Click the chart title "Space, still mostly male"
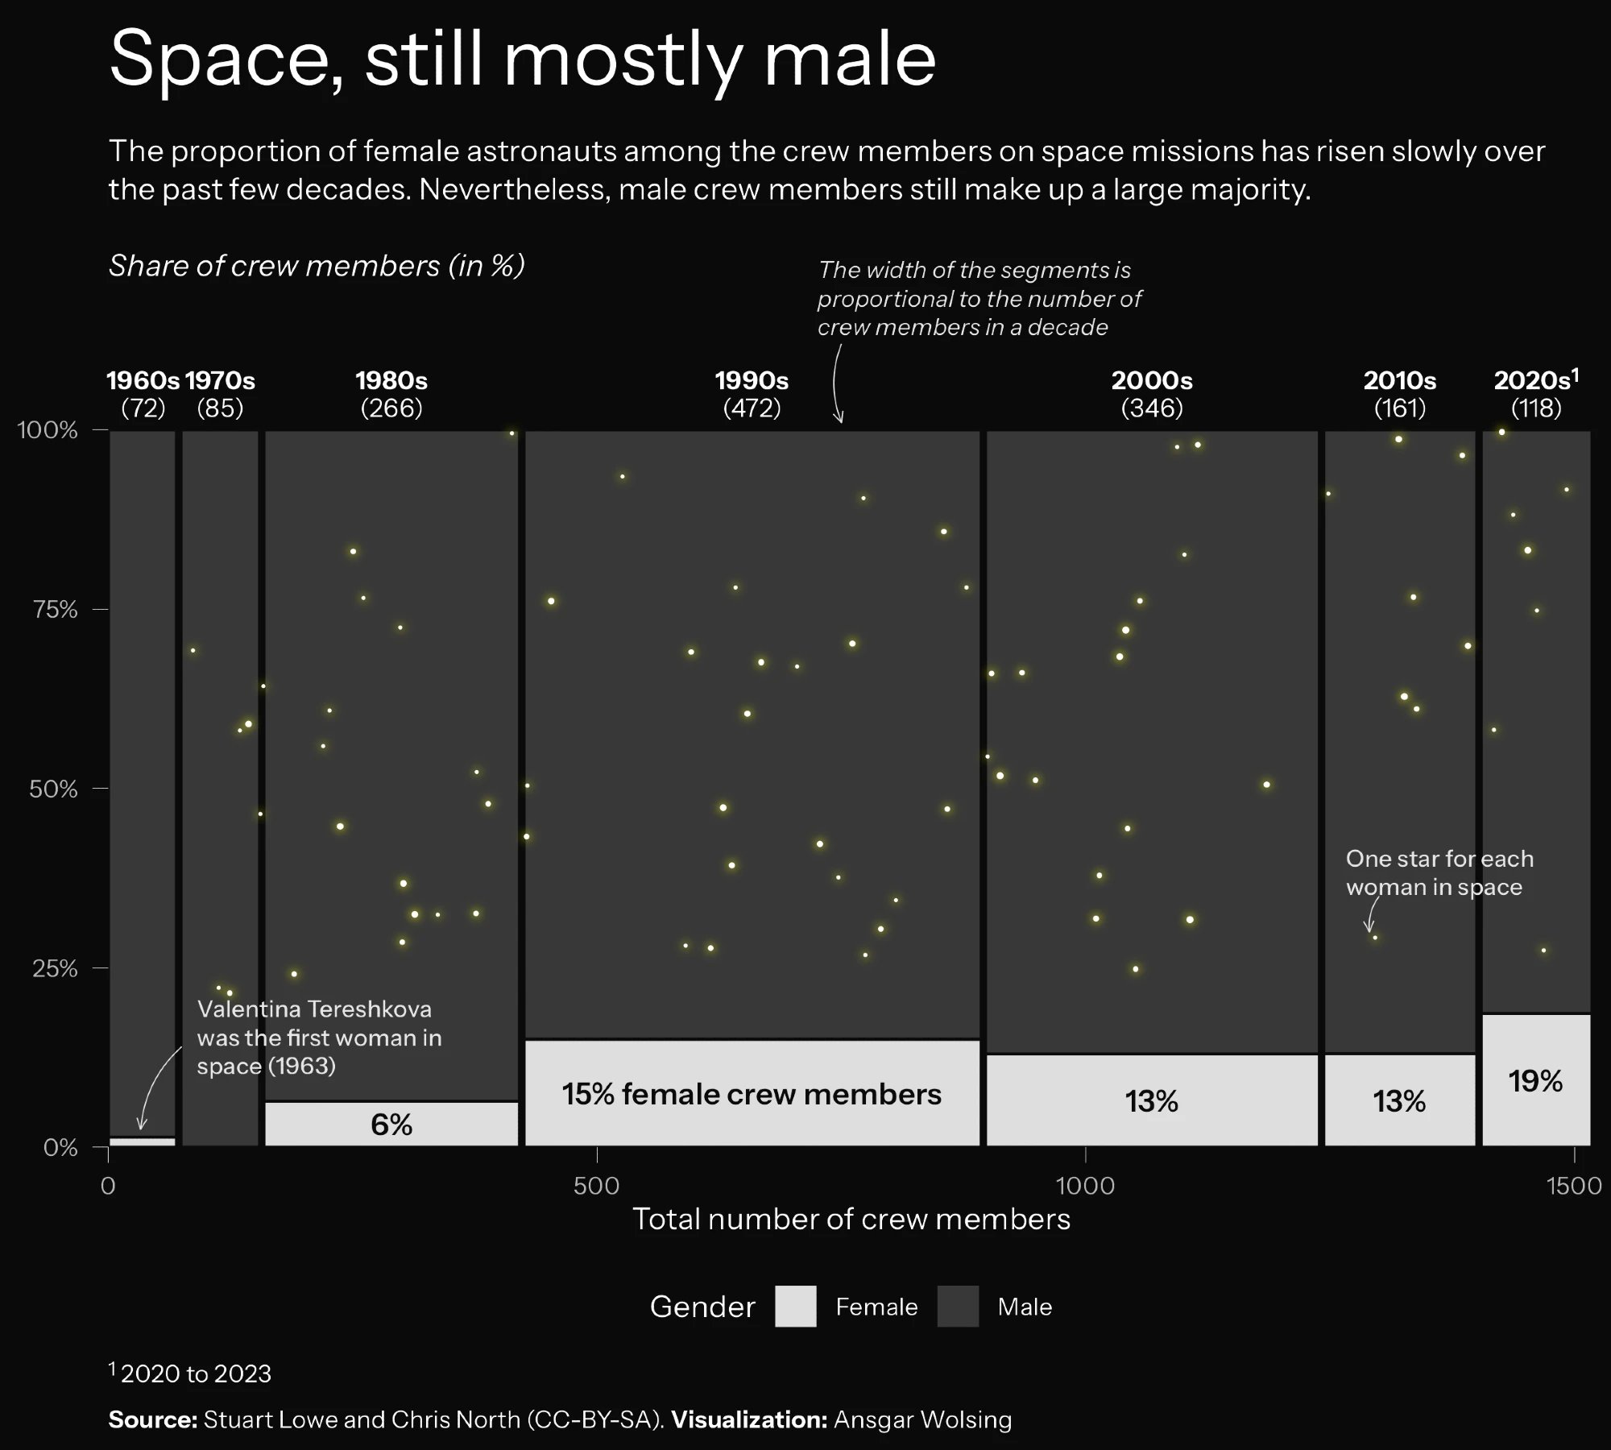522,58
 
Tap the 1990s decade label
752,380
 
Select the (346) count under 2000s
1152,408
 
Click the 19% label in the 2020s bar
1535,1081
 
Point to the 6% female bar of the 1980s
391,1124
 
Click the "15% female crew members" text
752,1094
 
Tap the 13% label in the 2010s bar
1399,1101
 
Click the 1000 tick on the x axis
1085,1185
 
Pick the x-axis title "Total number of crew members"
851,1219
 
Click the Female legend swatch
795,1307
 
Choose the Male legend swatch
958,1307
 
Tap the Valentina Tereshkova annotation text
319,1038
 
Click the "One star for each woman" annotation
1439,872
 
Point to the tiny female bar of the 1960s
143,1141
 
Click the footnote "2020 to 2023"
196,1373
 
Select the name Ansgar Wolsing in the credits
922,1419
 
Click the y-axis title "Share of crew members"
317,266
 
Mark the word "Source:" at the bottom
153,1419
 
